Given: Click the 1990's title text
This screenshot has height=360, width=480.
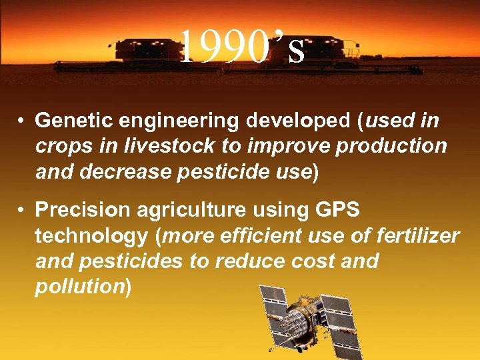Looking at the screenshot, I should pos(243,47).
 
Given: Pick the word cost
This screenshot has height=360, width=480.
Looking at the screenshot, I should pos(311,261).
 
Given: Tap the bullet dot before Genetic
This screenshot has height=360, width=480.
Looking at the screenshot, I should pos(22,121).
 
